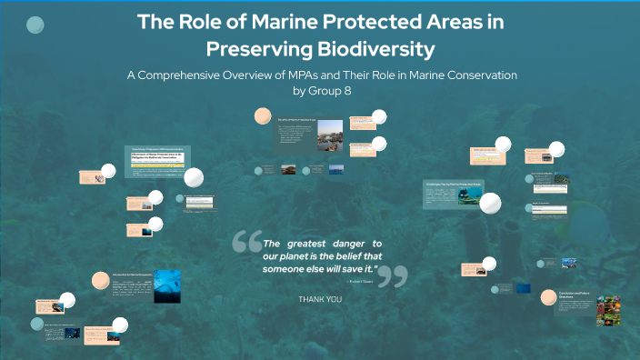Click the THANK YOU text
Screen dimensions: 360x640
pos(320,298)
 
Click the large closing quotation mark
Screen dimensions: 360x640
pos(392,277)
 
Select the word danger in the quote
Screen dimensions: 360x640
pos(335,244)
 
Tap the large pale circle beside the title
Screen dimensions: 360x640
pos(35,25)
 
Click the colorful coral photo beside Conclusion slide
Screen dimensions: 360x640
pos(608,310)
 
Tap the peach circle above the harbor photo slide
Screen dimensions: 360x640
pos(263,115)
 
